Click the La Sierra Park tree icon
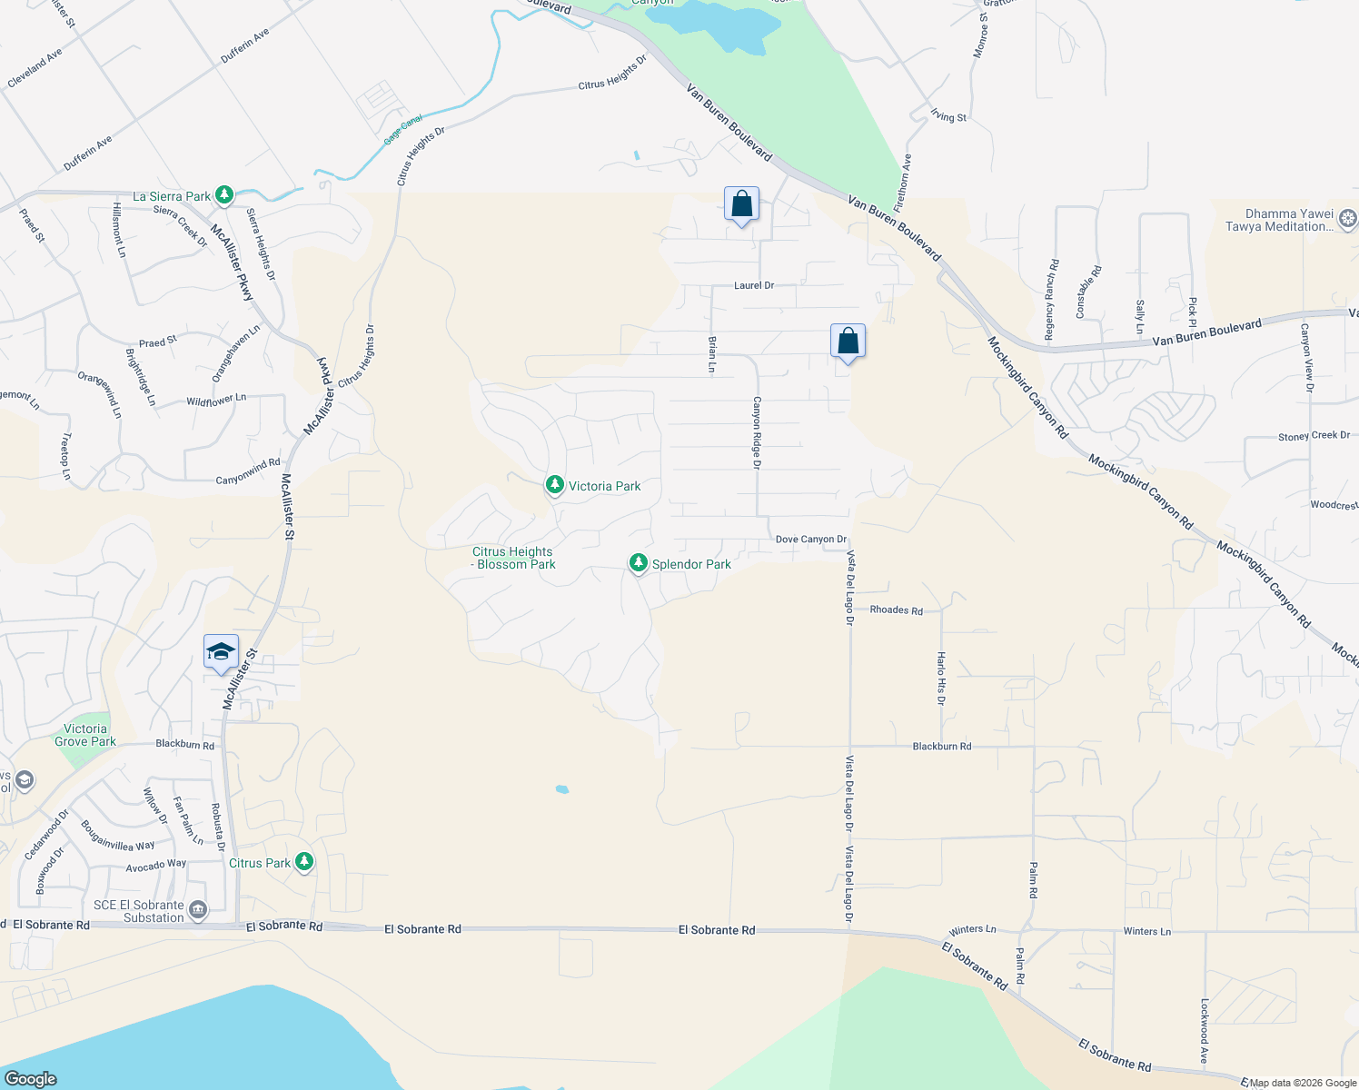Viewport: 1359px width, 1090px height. (x=223, y=195)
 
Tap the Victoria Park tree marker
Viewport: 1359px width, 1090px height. (x=554, y=485)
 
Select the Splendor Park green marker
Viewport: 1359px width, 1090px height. (x=639, y=564)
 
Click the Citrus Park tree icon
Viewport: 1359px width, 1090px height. (x=304, y=862)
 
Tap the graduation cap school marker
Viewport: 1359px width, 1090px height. (x=221, y=652)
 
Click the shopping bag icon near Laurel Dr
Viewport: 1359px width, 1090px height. (x=741, y=205)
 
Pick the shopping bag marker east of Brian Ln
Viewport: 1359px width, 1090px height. (x=848, y=342)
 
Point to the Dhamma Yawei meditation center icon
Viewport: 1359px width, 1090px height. (x=1348, y=218)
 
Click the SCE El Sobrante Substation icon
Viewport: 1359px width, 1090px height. (x=198, y=909)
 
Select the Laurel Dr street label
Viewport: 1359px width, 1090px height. (x=754, y=285)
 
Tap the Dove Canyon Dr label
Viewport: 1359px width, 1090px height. (x=810, y=539)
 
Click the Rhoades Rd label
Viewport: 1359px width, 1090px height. (x=896, y=610)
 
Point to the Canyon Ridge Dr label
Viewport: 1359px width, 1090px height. (x=757, y=432)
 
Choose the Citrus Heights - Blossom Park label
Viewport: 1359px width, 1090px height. (x=513, y=558)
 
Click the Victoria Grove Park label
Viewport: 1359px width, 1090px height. (x=85, y=735)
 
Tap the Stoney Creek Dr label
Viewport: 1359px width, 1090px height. (x=1314, y=436)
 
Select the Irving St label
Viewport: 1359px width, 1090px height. (x=948, y=116)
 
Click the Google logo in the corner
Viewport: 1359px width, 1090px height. (x=31, y=1078)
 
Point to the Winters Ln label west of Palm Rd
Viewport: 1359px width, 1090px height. (x=972, y=929)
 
